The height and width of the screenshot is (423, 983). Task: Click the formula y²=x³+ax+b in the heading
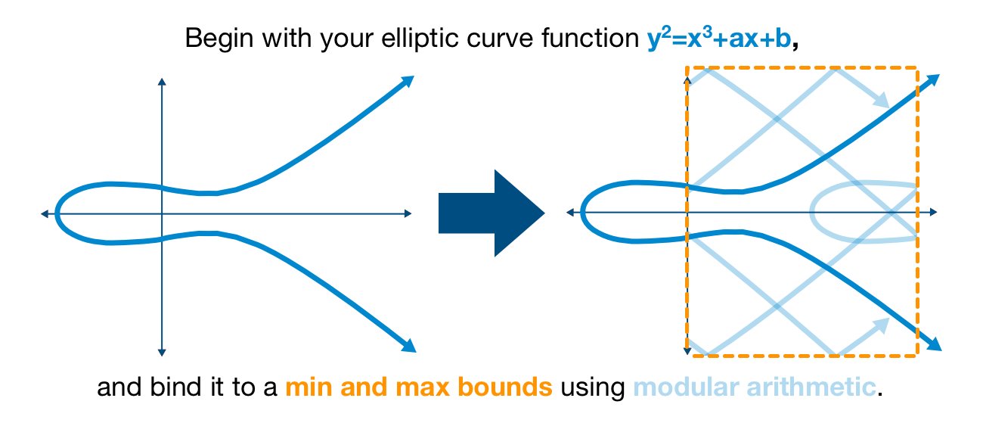pyautogui.click(x=717, y=39)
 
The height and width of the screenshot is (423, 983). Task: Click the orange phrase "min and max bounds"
pyautogui.click(x=419, y=388)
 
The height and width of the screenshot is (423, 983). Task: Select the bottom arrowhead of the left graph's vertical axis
pyautogui.click(x=161, y=351)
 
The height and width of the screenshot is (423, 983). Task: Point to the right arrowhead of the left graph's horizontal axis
pyautogui.click(x=409, y=214)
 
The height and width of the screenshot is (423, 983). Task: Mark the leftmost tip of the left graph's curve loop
pyautogui.click(x=57, y=213)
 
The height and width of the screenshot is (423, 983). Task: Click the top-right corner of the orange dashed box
pyautogui.click(x=916, y=70)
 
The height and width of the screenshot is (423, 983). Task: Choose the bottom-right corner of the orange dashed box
pyautogui.click(x=916, y=354)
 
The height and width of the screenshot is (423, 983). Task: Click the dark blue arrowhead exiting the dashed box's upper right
pyautogui.click(x=934, y=79)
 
